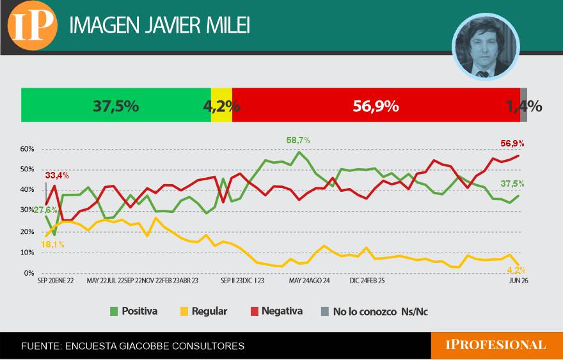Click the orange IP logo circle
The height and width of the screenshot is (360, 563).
pyautogui.click(x=33, y=26)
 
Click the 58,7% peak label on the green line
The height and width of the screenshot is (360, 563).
pyautogui.click(x=298, y=140)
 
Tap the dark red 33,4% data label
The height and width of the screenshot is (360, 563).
pyautogui.click(x=57, y=175)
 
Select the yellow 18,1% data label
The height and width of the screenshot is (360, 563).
pyautogui.click(x=52, y=245)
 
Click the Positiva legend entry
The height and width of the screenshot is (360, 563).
pyautogui.click(x=134, y=311)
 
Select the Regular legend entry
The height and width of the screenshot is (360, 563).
pyautogui.click(x=204, y=311)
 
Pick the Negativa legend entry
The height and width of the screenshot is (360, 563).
pyautogui.click(x=276, y=311)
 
